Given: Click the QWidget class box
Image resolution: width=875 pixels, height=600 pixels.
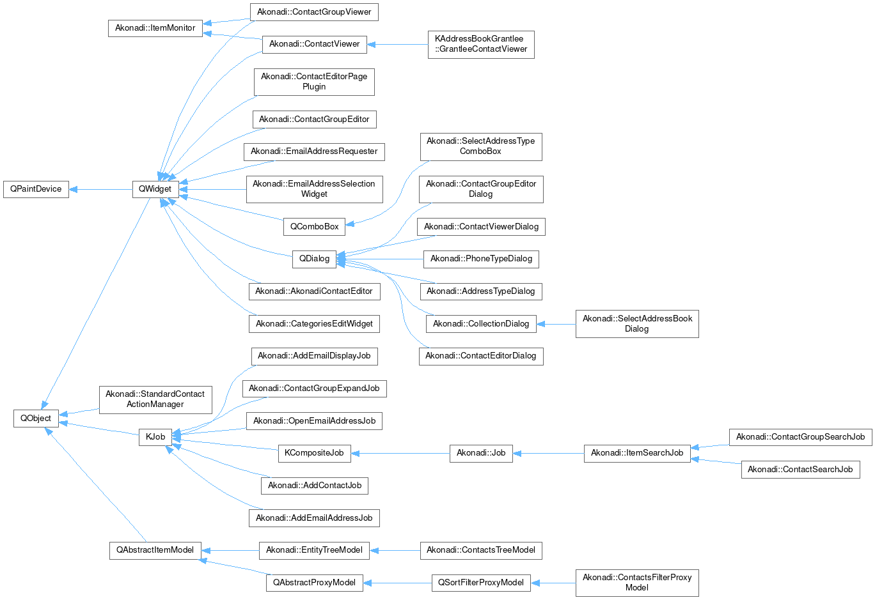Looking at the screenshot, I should pyautogui.click(x=155, y=189).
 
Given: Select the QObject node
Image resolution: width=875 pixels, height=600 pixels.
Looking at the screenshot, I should pyautogui.click(x=36, y=419).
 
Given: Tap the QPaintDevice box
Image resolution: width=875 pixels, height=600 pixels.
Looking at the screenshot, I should pyautogui.click(x=36, y=189).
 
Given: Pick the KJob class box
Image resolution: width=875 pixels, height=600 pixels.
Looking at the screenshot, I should pyautogui.click(x=155, y=437).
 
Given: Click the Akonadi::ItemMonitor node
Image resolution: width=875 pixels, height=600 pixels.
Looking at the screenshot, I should pyautogui.click(x=155, y=28).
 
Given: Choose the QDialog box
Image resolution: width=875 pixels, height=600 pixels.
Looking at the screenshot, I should pyautogui.click(x=314, y=259).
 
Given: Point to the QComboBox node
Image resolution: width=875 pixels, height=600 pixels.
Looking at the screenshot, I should pyautogui.click(x=314, y=226).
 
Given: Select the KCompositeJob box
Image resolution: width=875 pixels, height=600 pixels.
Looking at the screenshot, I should pyautogui.click(x=314, y=453).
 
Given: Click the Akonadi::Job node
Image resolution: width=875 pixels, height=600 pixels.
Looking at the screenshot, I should pyautogui.click(x=481, y=453).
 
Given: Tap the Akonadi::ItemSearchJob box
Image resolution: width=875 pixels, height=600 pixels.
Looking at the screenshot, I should pyautogui.click(x=637, y=453).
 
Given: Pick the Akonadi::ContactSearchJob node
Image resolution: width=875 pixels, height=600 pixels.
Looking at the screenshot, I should pyautogui.click(x=800, y=470).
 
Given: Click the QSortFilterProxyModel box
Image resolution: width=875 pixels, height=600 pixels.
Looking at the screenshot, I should pyautogui.click(x=481, y=583).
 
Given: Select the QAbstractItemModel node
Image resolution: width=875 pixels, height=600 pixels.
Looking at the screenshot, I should pyautogui.click(x=155, y=550).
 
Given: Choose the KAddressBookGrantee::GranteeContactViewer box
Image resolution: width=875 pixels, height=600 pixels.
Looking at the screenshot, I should pyautogui.click(x=481, y=44).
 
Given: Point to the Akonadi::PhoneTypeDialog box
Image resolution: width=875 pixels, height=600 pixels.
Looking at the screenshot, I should pyautogui.click(x=481, y=259).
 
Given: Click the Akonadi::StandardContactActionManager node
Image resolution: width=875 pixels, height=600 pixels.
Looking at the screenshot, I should pyautogui.click(x=155, y=399).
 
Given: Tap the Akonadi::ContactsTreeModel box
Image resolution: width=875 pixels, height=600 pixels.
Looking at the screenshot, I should pyautogui.click(x=481, y=550).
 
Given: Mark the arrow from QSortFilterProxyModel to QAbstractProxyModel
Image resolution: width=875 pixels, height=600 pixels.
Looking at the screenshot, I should pyautogui.click(x=397, y=583).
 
